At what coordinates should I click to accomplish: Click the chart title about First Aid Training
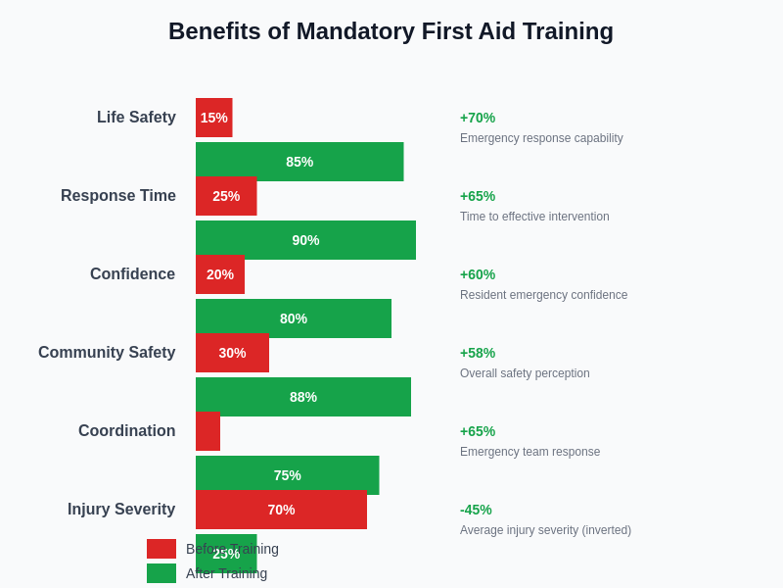(x=391, y=31)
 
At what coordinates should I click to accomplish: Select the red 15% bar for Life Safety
(x=213, y=118)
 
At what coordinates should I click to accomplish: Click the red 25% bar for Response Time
(x=226, y=197)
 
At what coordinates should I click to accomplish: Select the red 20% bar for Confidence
(x=220, y=275)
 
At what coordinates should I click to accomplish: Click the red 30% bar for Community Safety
(x=232, y=354)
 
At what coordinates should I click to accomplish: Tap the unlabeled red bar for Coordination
(x=207, y=432)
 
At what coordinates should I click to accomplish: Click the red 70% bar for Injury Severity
(x=281, y=511)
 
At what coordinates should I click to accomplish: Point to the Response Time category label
(x=118, y=196)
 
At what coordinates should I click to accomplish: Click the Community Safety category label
(x=107, y=353)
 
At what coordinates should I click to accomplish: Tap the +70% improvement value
(x=478, y=118)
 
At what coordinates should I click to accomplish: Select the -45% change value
(x=476, y=510)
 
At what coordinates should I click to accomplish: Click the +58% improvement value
(x=478, y=353)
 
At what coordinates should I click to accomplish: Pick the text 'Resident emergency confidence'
(x=543, y=295)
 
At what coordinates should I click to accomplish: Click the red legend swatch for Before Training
(x=161, y=549)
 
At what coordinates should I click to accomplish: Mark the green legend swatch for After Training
(x=161, y=573)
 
